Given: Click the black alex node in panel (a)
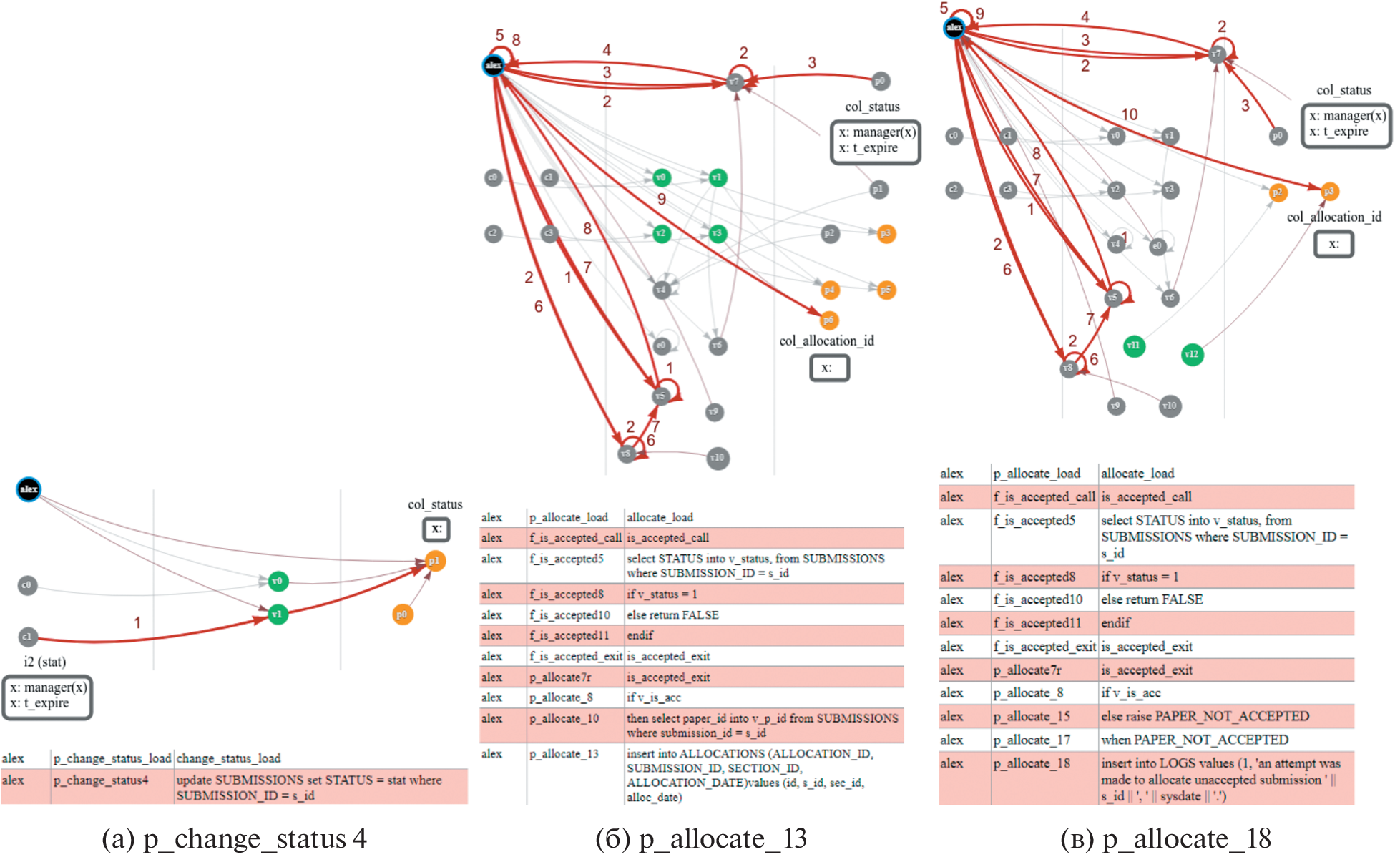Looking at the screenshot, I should (x=29, y=489).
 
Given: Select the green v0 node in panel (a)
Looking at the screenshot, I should (x=278, y=581).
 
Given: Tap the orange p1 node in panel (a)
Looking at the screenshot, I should (x=434, y=561).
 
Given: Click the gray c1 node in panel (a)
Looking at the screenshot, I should (x=26, y=636).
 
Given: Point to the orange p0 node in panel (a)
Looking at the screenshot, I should (x=403, y=614).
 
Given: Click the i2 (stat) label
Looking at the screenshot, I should (x=44, y=662).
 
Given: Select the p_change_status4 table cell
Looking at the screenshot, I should (x=101, y=780).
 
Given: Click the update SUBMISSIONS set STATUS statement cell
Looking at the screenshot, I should (x=309, y=788).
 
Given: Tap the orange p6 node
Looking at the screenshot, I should (x=828, y=320).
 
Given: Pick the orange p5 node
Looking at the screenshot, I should (x=886, y=290).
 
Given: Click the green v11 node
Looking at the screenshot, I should (x=1134, y=346).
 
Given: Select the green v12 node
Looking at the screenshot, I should (x=1192, y=354).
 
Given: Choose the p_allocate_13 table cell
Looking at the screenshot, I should (x=564, y=753).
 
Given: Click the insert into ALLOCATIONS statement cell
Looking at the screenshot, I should (x=749, y=775).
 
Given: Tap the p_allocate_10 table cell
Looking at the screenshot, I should (x=564, y=718).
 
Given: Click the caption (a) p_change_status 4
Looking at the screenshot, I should (x=234, y=838).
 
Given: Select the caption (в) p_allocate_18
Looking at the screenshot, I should (x=1165, y=838).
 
